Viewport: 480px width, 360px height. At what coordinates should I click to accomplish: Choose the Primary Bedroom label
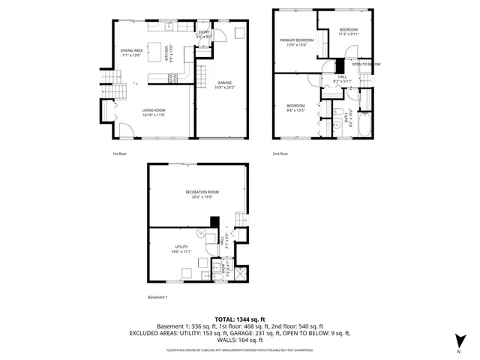click(x=297, y=42)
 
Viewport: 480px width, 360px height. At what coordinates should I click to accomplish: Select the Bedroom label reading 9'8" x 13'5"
click(x=295, y=107)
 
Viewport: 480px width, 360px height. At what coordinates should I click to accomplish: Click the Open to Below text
click(x=365, y=64)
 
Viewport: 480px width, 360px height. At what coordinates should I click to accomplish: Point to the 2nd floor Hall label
click(x=342, y=78)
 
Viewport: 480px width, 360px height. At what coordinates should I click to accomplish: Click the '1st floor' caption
click(x=120, y=154)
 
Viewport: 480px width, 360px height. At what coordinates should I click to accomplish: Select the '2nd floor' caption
click(x=280, y=154)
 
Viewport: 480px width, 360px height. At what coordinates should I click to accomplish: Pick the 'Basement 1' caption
click(x=157, y=298)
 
